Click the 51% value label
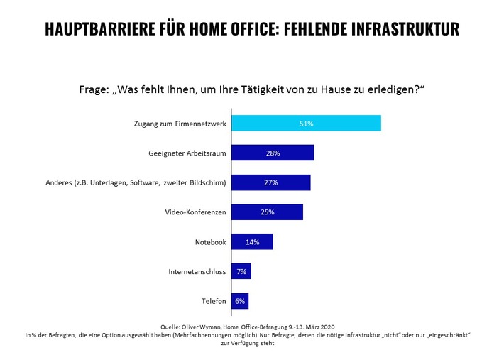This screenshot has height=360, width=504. [307, 124]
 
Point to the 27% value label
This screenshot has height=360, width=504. [271, 183]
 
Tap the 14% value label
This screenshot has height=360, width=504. [252, 242]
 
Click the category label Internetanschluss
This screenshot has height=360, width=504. [197, 272]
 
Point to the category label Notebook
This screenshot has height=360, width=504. [210, 242]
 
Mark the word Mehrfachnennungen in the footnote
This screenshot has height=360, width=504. [217, 334]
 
